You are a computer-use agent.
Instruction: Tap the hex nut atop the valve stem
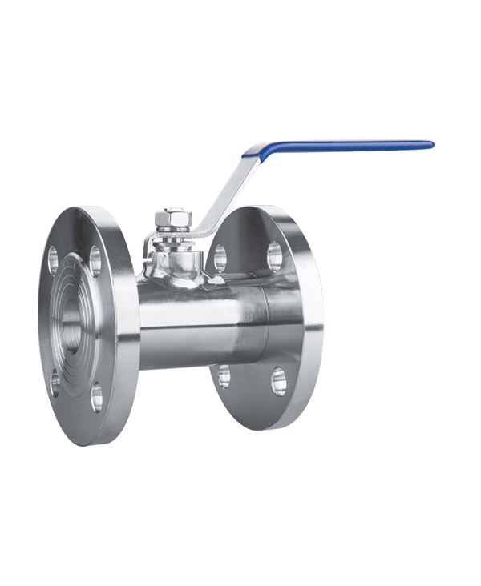point(174,219)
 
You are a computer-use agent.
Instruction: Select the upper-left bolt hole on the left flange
point(54,258)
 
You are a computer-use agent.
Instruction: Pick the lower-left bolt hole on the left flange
point(55,383)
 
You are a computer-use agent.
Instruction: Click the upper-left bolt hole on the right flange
point(219,258)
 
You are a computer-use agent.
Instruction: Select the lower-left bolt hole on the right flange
point(224,375)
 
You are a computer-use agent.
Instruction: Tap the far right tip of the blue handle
point(430,145)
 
